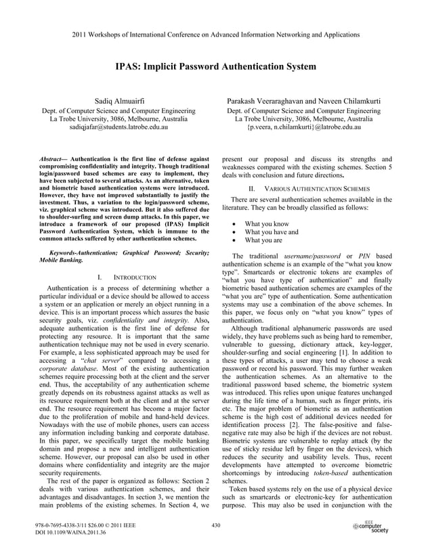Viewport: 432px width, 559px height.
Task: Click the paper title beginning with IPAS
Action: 215,67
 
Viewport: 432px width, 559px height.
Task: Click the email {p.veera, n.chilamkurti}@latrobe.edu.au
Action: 304,126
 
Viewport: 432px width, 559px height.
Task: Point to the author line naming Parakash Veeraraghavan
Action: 304,102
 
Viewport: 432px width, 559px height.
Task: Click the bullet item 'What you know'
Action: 266,223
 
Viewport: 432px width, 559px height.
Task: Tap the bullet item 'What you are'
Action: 263,240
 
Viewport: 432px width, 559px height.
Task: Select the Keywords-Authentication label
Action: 83,252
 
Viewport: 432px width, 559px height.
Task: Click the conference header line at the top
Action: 215,33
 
